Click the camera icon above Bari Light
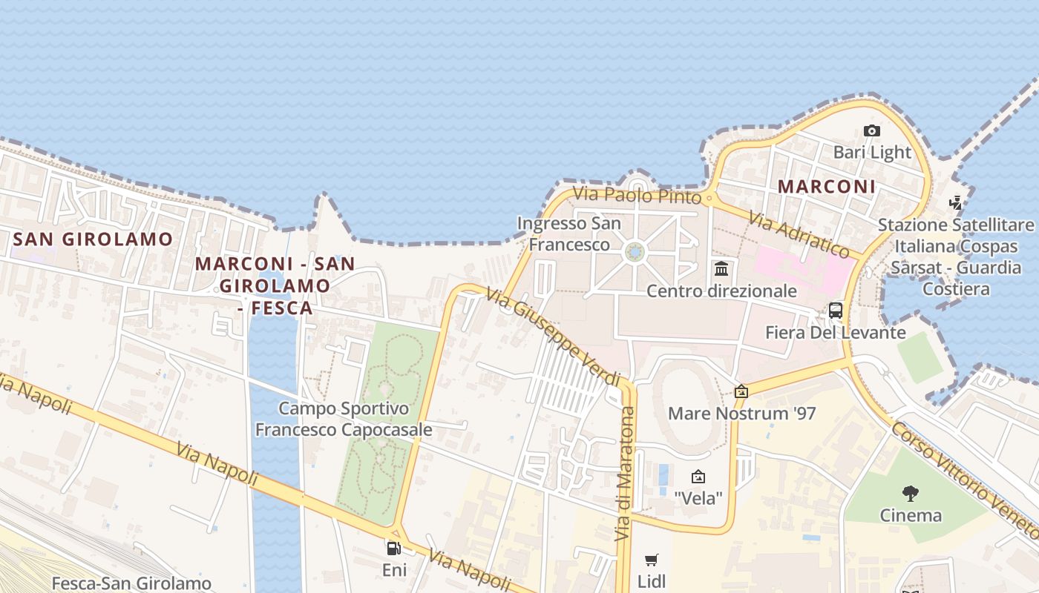(x=872, y=131)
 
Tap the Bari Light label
(x=872, y=152)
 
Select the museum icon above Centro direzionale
(x=721, y=268)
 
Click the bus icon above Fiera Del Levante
(x=836, y=310)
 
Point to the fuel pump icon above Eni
(x=393, y=549)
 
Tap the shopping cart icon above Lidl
(x=652, y=560)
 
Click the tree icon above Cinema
(x=910, y=493)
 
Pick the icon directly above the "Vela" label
(x=698, y=477)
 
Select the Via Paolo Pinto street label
(x=637, y=196)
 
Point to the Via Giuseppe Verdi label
(x=553, y=337)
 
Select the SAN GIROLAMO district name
(x=93, y=239)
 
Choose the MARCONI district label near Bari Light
(x=827, y=186)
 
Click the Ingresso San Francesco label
(x=568, y=233)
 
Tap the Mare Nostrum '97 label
(x=741, y=413)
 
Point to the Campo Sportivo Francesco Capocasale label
(x=344, y=419)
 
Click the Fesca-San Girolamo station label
(x=131, y=583)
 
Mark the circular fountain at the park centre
(x=635, y=253)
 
